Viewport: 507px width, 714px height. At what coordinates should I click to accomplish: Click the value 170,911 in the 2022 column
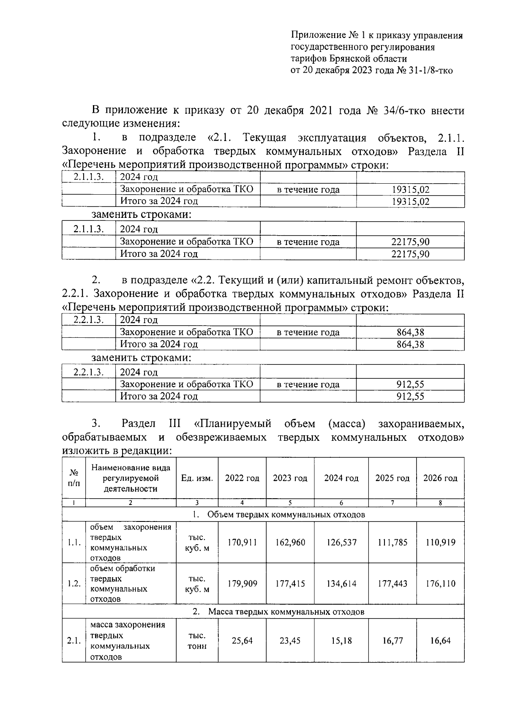pyautogui.click(x=242, y=542)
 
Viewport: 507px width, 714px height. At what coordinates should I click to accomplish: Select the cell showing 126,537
pyautogui.click(x=341, y=542)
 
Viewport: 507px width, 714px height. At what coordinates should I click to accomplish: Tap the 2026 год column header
pyautogui.click(x=440, y=478)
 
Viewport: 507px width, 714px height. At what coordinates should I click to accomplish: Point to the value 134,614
pyautogui.click(x=341, y=584)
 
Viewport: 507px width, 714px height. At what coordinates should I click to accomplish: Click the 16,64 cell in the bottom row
pyautogui.click(x=440, y=641)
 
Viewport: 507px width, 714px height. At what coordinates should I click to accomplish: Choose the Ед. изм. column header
pyautogui.click(x=197, y=478)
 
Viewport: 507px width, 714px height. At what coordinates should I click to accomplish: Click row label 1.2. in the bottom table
pyautogui.click(x=74, y=584)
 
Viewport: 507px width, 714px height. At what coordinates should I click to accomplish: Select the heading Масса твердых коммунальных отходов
pyautogui.click(x=286, y=611)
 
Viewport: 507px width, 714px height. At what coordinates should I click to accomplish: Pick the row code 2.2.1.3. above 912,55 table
pyautogui.click(x=88, y=372)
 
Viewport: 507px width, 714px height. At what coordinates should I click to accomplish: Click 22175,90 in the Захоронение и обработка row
pyautogui.click(x=410, y=242)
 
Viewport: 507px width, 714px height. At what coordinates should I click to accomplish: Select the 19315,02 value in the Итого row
pyautogui.click(x=410, y=201)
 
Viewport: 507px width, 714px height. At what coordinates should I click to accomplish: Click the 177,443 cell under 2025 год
pyautogui.click(x=393, y=584)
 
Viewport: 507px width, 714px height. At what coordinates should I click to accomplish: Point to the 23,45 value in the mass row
pyautogui.click(x=290, y=641)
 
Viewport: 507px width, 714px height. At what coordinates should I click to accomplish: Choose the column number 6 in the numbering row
pyautogui.click(x=341, y=503)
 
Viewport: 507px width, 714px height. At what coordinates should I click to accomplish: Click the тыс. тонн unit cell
pyautogui.click(x=197, y=641)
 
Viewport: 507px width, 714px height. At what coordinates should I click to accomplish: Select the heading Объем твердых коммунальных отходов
pyautogui.click(x=286, y=514)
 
